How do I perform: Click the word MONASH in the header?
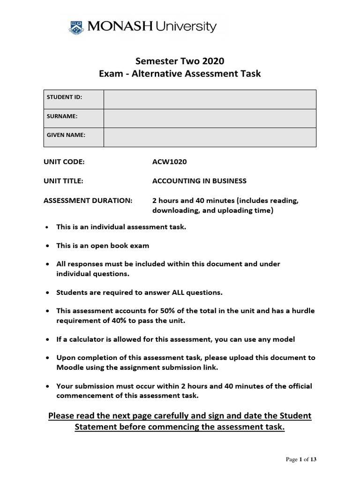118,26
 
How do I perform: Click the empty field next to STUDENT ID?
210,99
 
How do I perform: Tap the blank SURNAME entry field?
210,118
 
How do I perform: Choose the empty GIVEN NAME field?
210,137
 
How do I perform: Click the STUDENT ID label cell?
73,99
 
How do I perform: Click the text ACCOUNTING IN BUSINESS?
199,181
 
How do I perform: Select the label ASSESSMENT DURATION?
88,200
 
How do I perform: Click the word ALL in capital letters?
175,292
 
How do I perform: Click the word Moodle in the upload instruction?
69,367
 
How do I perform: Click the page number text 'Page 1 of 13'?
301,460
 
